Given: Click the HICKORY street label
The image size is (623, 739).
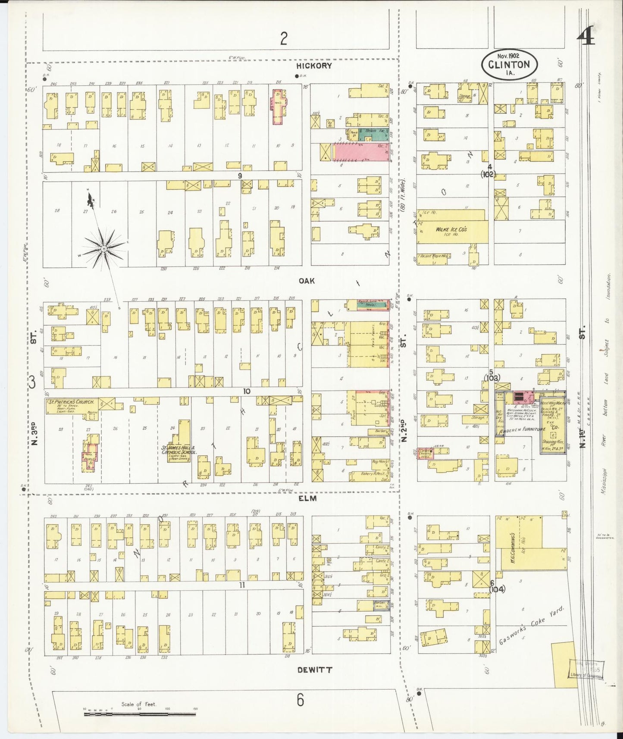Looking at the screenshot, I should point(314,66).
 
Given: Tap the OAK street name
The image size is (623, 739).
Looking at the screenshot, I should point(307,281).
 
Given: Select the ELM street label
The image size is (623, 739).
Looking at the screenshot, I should point(307,498).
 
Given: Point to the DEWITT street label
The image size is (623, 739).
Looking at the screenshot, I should point(315,670).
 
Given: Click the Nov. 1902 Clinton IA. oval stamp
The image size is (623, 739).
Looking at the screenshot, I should point(509,64).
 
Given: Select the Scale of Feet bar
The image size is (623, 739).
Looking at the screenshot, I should point(139,714).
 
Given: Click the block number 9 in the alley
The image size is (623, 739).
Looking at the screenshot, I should point(240,175).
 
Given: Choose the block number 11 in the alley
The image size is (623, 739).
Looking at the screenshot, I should point(242,585).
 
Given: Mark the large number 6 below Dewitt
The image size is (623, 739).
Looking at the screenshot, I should point(300,700).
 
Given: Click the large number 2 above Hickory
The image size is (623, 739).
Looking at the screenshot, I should point(283,39).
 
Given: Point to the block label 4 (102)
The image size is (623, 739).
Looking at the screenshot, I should point(489,171).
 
